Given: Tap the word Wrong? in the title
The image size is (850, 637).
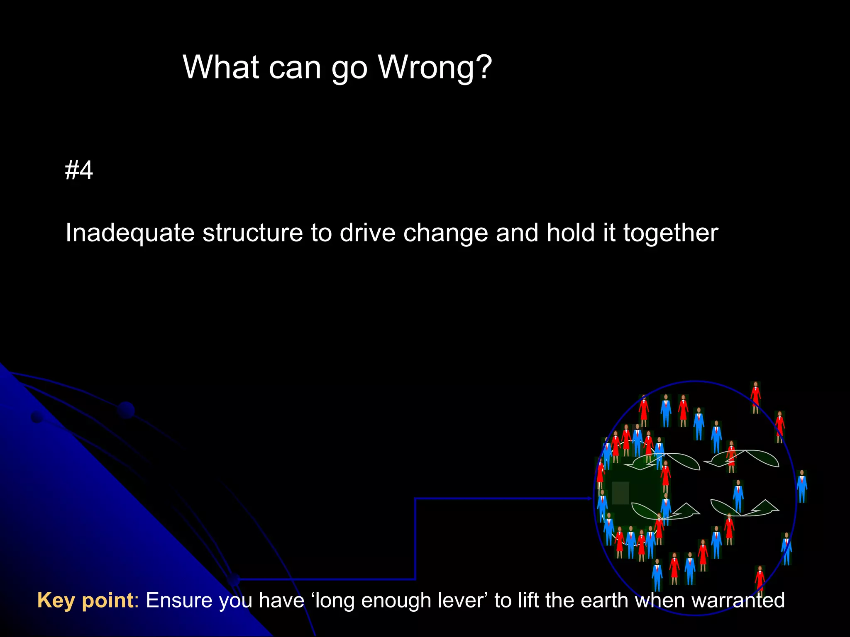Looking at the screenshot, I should click(435, 67).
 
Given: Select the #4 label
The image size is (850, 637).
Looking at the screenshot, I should click(79, 170).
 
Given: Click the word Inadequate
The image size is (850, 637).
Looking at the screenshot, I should click(129, 233).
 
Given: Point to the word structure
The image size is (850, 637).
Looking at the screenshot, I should click(252, 233).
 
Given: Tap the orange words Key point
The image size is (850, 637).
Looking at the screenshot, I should click(85, 600).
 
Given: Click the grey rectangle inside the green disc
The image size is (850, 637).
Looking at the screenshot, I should click(620, 493).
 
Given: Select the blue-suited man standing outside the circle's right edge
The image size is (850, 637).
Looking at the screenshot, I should click(802, 486).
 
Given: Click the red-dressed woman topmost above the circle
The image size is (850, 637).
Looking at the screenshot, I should click(755, 397).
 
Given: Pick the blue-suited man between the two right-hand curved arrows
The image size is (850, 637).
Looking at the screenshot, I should click(738, 496).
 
